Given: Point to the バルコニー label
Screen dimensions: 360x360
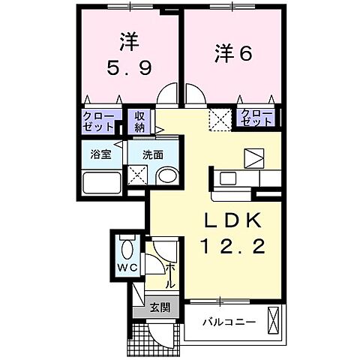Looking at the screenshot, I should [x=229, y=322].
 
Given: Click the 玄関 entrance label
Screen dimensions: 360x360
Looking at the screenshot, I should [x=159, y=307].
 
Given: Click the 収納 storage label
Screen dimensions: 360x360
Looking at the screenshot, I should [x=140, y=121].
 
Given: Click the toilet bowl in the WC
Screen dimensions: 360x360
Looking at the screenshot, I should [x=125, y=247].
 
